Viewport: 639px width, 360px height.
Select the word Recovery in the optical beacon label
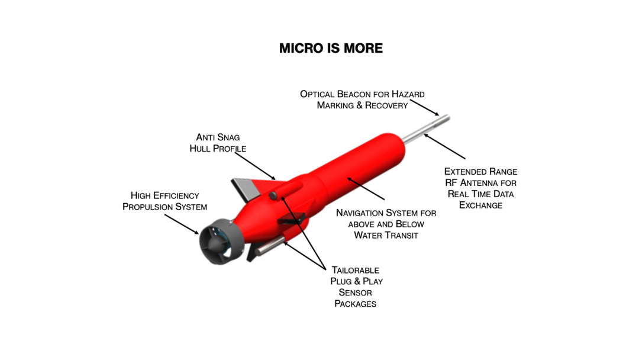tap(386, 105)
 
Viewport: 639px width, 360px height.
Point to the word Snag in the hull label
tap(228, 137)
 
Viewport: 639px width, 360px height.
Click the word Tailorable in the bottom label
tap(356, 271)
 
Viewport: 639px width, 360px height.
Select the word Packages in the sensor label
tap(356, 304)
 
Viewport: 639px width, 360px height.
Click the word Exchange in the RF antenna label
tap(481, 205)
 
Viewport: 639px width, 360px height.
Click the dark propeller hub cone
tap(216, 245)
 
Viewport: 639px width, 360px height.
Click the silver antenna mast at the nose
tap(426, 130)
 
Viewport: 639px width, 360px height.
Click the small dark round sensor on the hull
tap(273, 196)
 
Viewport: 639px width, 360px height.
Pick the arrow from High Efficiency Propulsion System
tap(182, 224)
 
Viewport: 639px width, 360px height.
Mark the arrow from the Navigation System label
tap(366, 188)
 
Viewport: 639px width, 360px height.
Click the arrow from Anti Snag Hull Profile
tap(256, 166)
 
